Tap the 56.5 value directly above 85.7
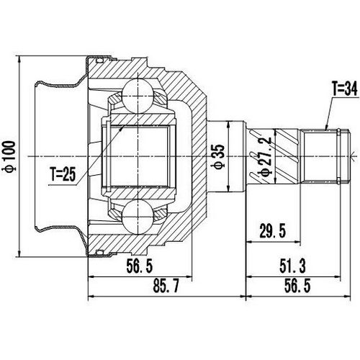coord(139,266)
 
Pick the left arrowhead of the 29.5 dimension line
coord(248,239)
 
